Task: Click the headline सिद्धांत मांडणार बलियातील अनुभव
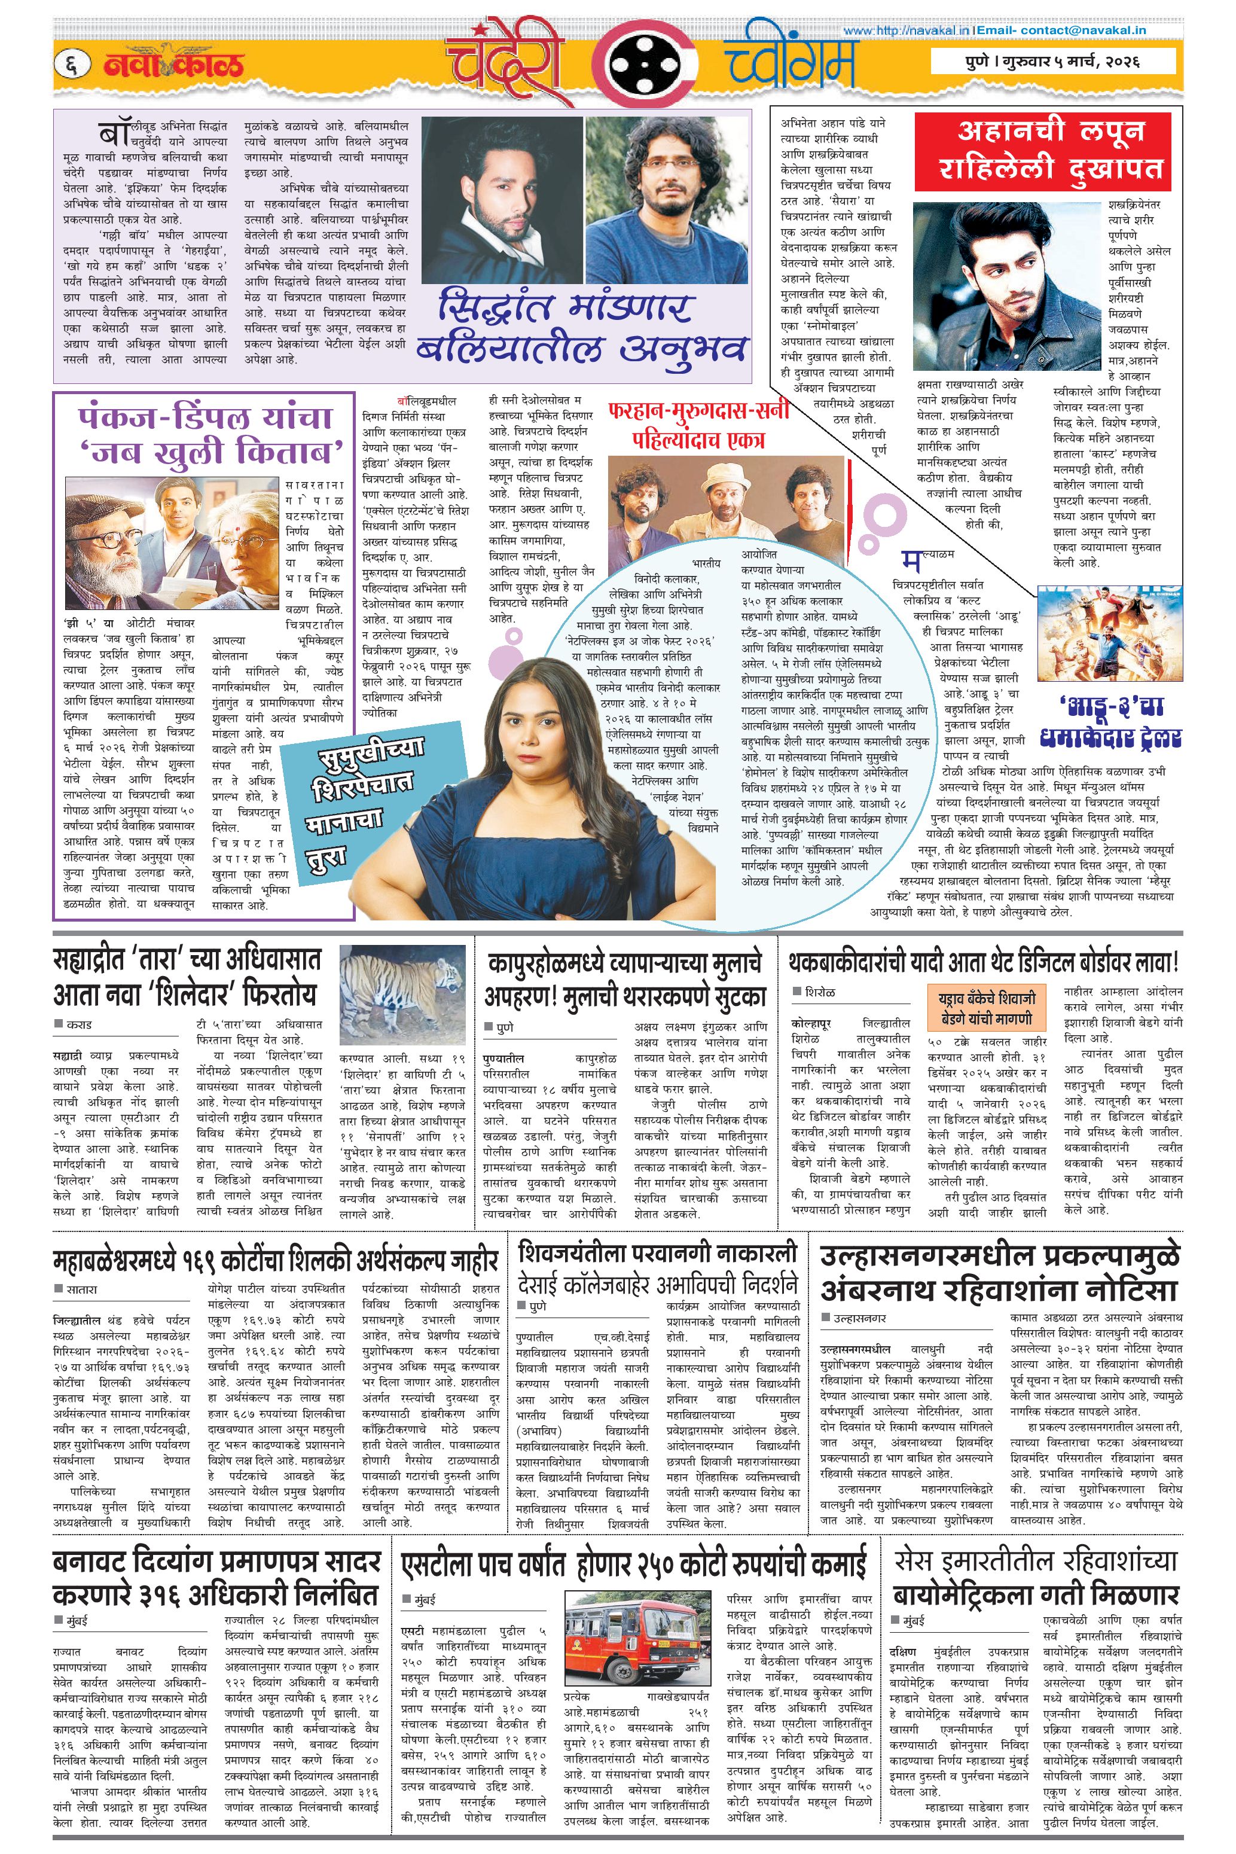[x=582, y=325]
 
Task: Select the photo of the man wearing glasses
[x=666, y=200]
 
